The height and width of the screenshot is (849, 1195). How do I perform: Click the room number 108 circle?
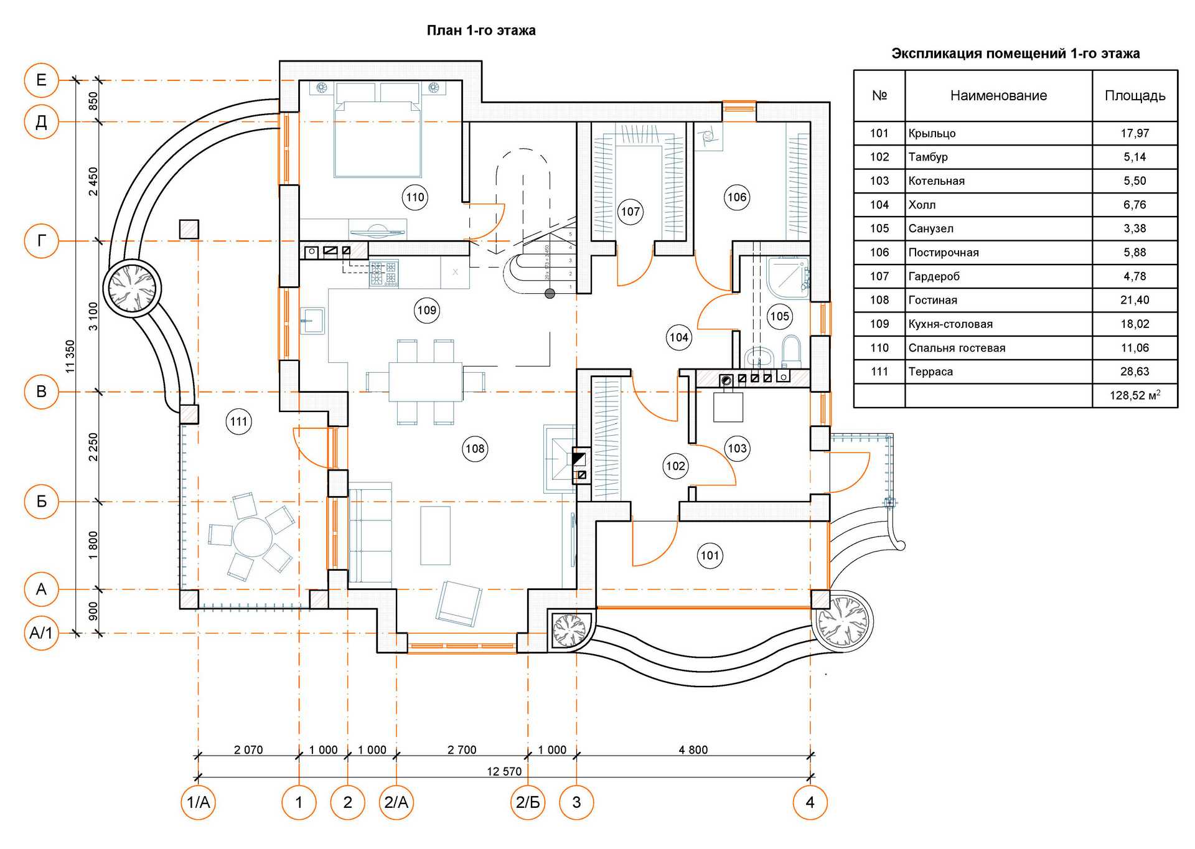point(475,448)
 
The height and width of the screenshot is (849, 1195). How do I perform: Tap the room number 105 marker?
point(779,316)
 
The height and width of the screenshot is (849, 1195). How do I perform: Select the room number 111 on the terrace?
point(238,421)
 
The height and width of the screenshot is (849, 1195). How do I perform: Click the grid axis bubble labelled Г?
point(41,240)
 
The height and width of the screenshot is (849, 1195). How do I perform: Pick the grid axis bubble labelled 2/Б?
point(528,802)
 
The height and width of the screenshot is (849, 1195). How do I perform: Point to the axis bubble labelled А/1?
point(41,634)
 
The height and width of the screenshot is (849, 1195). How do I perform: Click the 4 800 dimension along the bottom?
point(693,750)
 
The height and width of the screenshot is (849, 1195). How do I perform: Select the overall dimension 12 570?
point(504,772)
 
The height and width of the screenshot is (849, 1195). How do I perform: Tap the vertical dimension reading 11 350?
point(70,356)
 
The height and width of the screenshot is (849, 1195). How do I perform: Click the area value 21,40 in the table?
point(1135,300)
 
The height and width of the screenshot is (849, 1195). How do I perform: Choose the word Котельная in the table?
point(937,181)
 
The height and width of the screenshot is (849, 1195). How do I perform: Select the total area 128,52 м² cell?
point(1135,395)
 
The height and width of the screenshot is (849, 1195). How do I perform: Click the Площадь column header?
point(1135,96)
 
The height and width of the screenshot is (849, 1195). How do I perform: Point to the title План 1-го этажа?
point(481,30)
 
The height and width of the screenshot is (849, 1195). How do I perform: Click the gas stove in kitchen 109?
point(384,273)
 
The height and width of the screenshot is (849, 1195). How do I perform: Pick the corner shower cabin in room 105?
point(787,277)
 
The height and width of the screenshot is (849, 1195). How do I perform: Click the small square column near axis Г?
point(189,229)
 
